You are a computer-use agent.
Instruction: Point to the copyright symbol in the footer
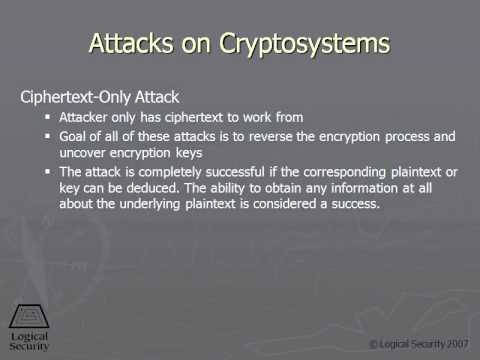pos(374,343)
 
